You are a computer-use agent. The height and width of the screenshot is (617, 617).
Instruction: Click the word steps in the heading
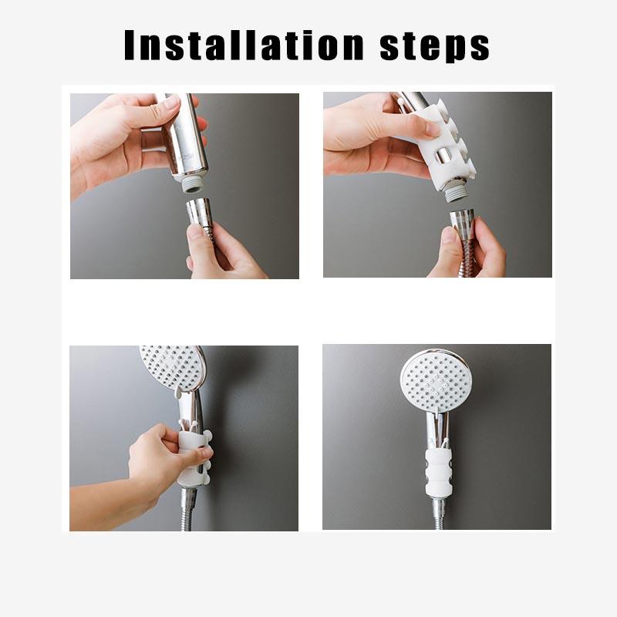click(435, 46)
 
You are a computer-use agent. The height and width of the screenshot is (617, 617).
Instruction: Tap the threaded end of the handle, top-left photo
click(191, 183)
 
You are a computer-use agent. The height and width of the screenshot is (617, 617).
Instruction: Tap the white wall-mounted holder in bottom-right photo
click(437, 471)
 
